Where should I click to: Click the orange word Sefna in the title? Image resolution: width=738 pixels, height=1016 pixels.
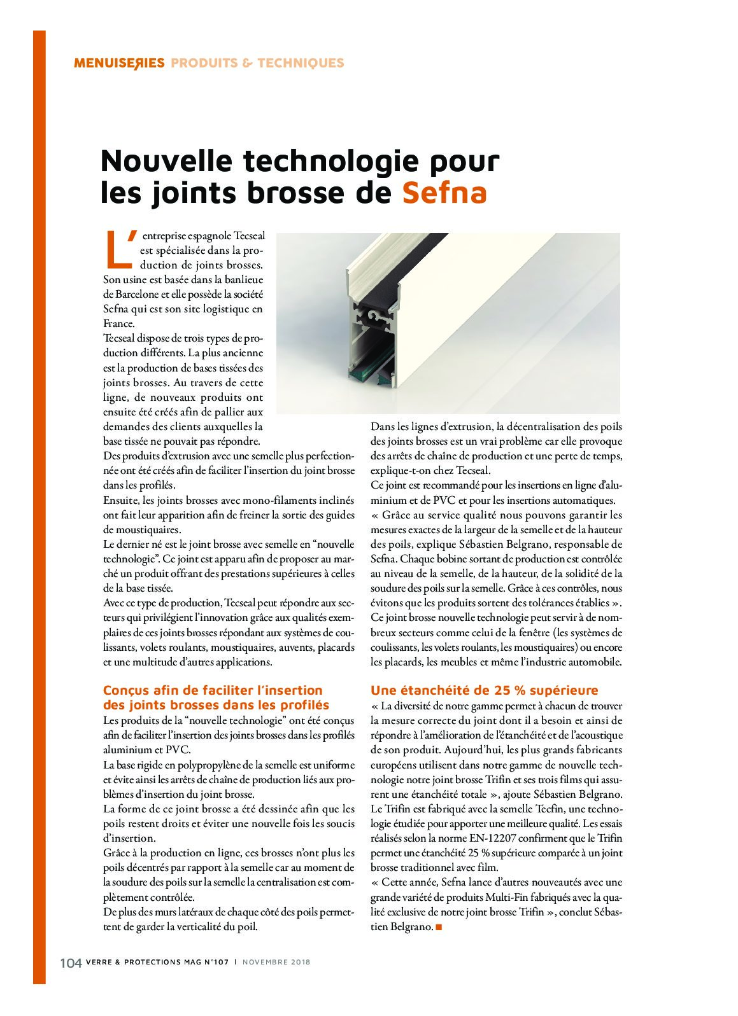(444, 193)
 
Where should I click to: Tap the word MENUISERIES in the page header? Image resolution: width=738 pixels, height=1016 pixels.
(119, 63)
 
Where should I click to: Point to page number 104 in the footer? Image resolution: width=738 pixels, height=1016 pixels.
(71, 963)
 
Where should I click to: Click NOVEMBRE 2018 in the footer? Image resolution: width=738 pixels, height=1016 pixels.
(276, 963)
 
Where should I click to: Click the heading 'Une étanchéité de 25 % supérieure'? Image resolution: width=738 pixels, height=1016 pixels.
(485, 690)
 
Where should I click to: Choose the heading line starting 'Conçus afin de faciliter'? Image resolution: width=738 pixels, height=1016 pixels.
(213, 690)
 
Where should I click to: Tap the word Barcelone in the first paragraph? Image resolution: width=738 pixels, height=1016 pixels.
(132, 294)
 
